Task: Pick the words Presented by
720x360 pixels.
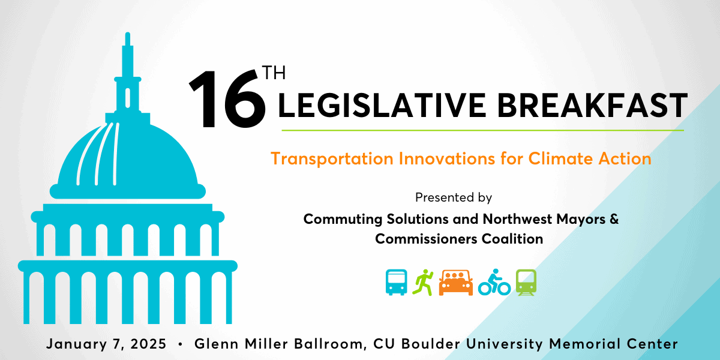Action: tap(453, 197)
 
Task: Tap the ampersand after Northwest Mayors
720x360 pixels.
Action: tap(614, 219)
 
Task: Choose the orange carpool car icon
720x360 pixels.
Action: tap(456, 282)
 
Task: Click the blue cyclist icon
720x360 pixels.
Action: tap(494, 282)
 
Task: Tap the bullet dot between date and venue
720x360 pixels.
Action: tap(181, 344)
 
